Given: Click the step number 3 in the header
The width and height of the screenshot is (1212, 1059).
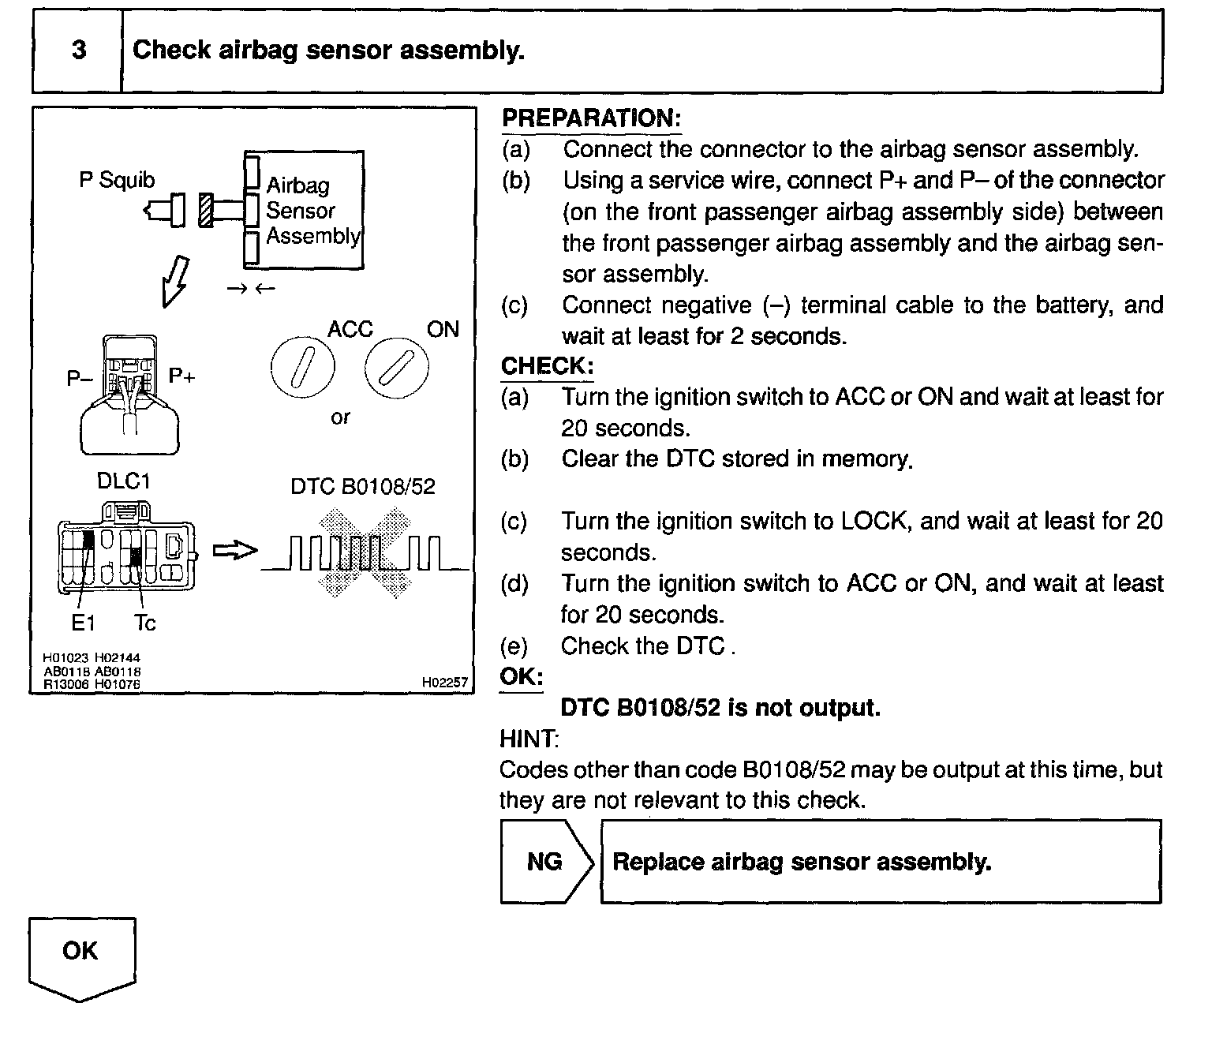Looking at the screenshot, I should pyautogui.click(x=78, y=51).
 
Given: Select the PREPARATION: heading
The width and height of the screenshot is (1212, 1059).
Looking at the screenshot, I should pyautogui.click(x=591, y=118).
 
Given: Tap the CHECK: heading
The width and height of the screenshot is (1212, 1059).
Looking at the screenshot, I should pyautogui.click(x=547, y=366).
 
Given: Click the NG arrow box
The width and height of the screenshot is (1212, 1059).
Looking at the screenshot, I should pyautogui.click(x=546, y=861).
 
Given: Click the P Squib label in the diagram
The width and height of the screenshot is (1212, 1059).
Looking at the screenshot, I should pyautogui.click(x=117, y=180).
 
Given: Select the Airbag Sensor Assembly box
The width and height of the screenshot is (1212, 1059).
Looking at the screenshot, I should pyautogui.click(x=305, y=210).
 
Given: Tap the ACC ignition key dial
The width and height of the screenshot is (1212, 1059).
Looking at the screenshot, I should pyautogui.click(x=302, y=367).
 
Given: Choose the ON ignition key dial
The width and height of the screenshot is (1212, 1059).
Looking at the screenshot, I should pyautogui.click(x=397, y=367).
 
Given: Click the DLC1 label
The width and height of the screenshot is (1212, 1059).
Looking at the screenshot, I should pyautogui.click(x=123, y=481).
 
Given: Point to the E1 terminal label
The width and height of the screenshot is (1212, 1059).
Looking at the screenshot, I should pyautogui.click(x=83, y=623).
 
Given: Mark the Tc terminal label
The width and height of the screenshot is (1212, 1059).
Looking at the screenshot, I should pyautogui.click(x=145, y=623).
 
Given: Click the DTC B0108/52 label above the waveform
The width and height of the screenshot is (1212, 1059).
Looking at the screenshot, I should pyautogui.click(x=363, y=486).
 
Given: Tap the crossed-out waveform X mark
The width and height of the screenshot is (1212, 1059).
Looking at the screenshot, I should pyautogui.click(x=365, y=552).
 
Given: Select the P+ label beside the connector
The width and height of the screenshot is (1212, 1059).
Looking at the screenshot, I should pyautogui.click(x=181, y=376).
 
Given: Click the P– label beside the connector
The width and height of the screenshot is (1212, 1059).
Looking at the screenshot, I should pyautogui.click(x=79, y=380).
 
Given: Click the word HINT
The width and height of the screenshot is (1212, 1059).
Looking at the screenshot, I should pyautogui.click(x=528, y=739).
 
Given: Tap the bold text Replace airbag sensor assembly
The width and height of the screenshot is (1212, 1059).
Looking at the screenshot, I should pyautogui.click(x=802, y=862).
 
